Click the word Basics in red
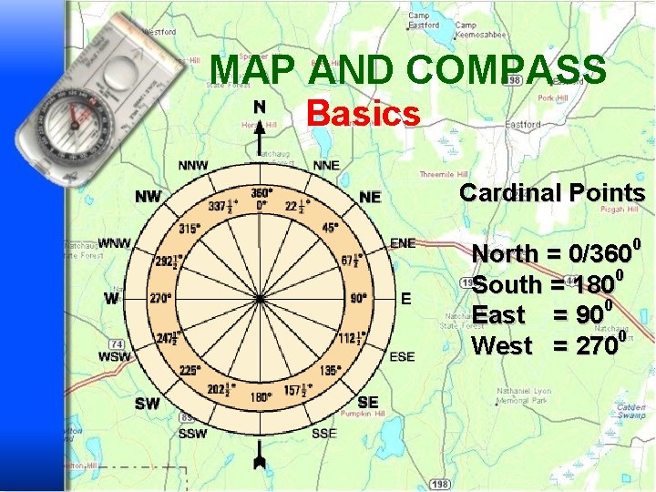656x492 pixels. tap(364, 114)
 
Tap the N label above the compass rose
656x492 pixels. tap(260, 107)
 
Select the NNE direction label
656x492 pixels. tap(325, 166)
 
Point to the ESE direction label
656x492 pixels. tap(402, 356)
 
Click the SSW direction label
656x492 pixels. tap(192, 434)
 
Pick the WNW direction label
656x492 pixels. tap(115, 243)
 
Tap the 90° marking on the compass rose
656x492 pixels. tap(358, 298)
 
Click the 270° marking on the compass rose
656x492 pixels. tap(161, 298)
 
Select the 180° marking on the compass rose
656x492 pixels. tap(260, 396)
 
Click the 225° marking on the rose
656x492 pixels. tap(190, 370)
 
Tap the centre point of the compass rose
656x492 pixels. tap(260, 298)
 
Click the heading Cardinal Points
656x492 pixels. tap(552, 193)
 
